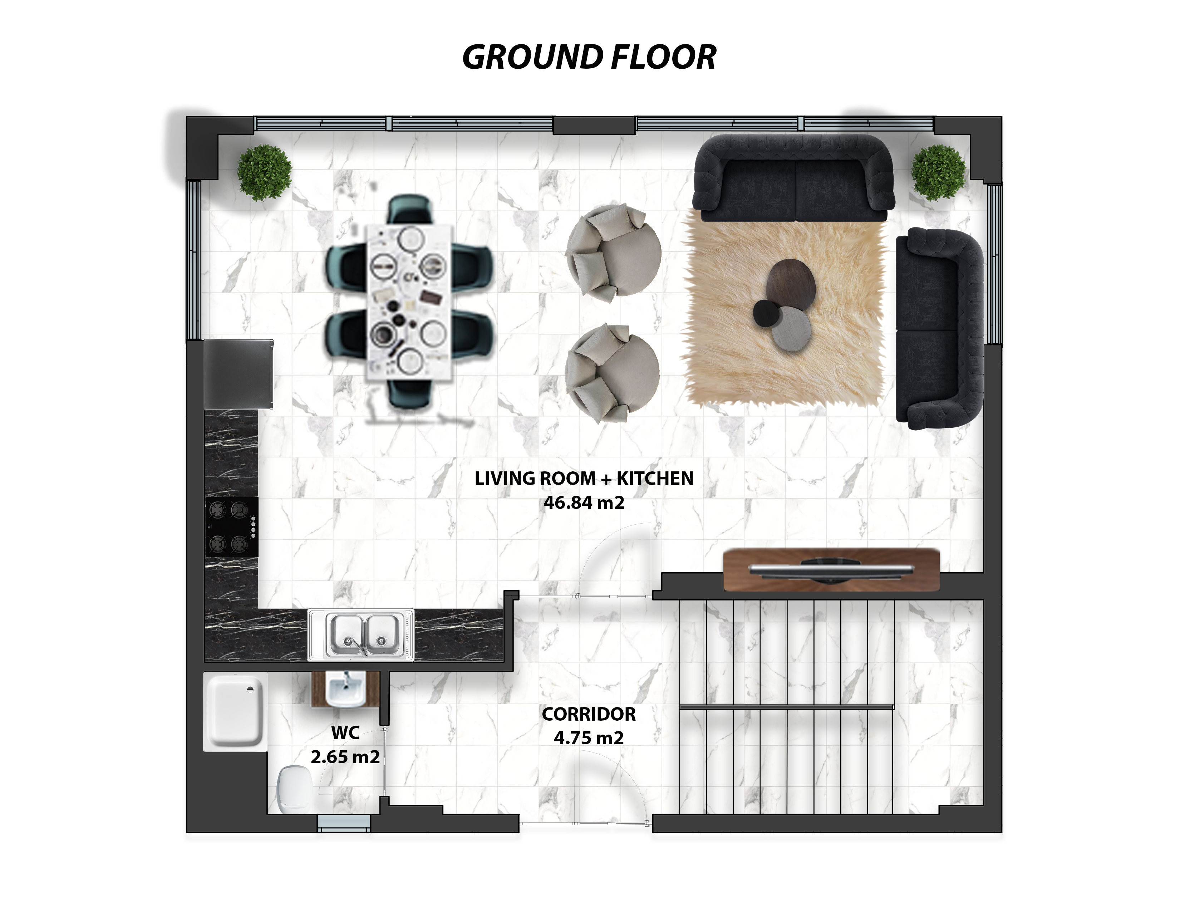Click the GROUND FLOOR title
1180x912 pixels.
pyautogui.click(x=589, y=57)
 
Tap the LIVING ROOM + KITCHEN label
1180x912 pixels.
pyautogui.click(x=584, y=479)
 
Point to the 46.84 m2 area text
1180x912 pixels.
pyautogui.click(x=584, y=503)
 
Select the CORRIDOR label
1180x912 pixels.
pyautogui.click(x=589, y=714)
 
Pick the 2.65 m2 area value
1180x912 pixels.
pyautogui.click(x=345, y=756)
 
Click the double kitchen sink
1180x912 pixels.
pyautogui.click(x=361, y=635)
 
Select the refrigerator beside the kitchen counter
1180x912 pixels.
pyautogui.click(x=238, y=374)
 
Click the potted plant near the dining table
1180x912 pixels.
pyautogui.click(x=264, y=173)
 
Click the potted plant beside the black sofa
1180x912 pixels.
pyautogui.click(x=939, y=172)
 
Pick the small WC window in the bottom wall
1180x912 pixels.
pyautogui.click(x=344, y=823)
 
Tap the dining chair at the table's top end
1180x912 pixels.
pyautogui.click(x=410, y=209)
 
